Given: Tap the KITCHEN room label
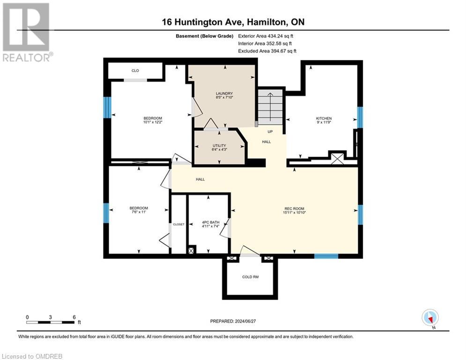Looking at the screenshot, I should tap(324, 118).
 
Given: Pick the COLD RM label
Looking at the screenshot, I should tap(250, 277).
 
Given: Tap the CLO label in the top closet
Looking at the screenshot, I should tap(135, 71).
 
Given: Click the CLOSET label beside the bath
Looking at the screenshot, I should tap(178, 225).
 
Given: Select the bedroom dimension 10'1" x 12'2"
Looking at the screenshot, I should tap(153, 122).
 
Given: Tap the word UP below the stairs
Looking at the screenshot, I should tap(270, 132).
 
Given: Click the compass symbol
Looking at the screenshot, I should tap(429, 317).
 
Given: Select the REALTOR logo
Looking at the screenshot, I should tap(26, 32).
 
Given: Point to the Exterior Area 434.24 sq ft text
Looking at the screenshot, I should tap(266, 36).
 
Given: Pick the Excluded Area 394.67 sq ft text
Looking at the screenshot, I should tap(267, 51).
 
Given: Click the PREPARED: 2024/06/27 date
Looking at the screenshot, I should tap(234, 321).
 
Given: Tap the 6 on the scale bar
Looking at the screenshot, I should tap(74, 317).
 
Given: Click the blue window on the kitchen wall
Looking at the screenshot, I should tap(360, 117).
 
